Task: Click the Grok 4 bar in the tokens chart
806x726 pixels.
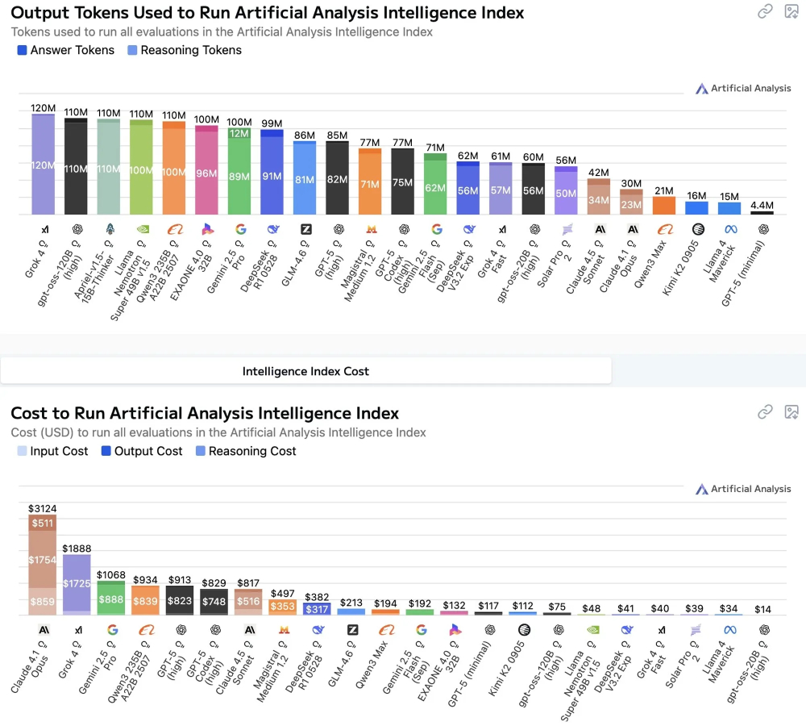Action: coord(44,164)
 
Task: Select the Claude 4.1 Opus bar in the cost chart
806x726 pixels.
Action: coord(44,565)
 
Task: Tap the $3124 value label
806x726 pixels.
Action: coord(44,508)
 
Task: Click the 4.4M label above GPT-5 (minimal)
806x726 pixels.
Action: coord(762,205)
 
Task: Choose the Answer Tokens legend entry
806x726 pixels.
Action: coord(66,50)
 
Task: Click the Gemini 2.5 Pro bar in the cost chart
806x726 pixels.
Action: coord(111,598)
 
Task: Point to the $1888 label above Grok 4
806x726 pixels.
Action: coord(77,549)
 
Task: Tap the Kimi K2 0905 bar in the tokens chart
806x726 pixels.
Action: coord(696,207)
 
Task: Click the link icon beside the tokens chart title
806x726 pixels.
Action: coord(765,11)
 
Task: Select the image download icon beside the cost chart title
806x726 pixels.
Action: coord(791,412)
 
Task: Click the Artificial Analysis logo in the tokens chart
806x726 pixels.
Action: coord(743,88)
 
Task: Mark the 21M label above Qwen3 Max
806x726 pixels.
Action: coord(664,190)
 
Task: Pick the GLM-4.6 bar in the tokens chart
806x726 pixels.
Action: coord(305,177)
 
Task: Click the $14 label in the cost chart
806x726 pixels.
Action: coord(762,608)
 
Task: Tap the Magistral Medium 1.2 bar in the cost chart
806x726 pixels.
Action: coord(282,606)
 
